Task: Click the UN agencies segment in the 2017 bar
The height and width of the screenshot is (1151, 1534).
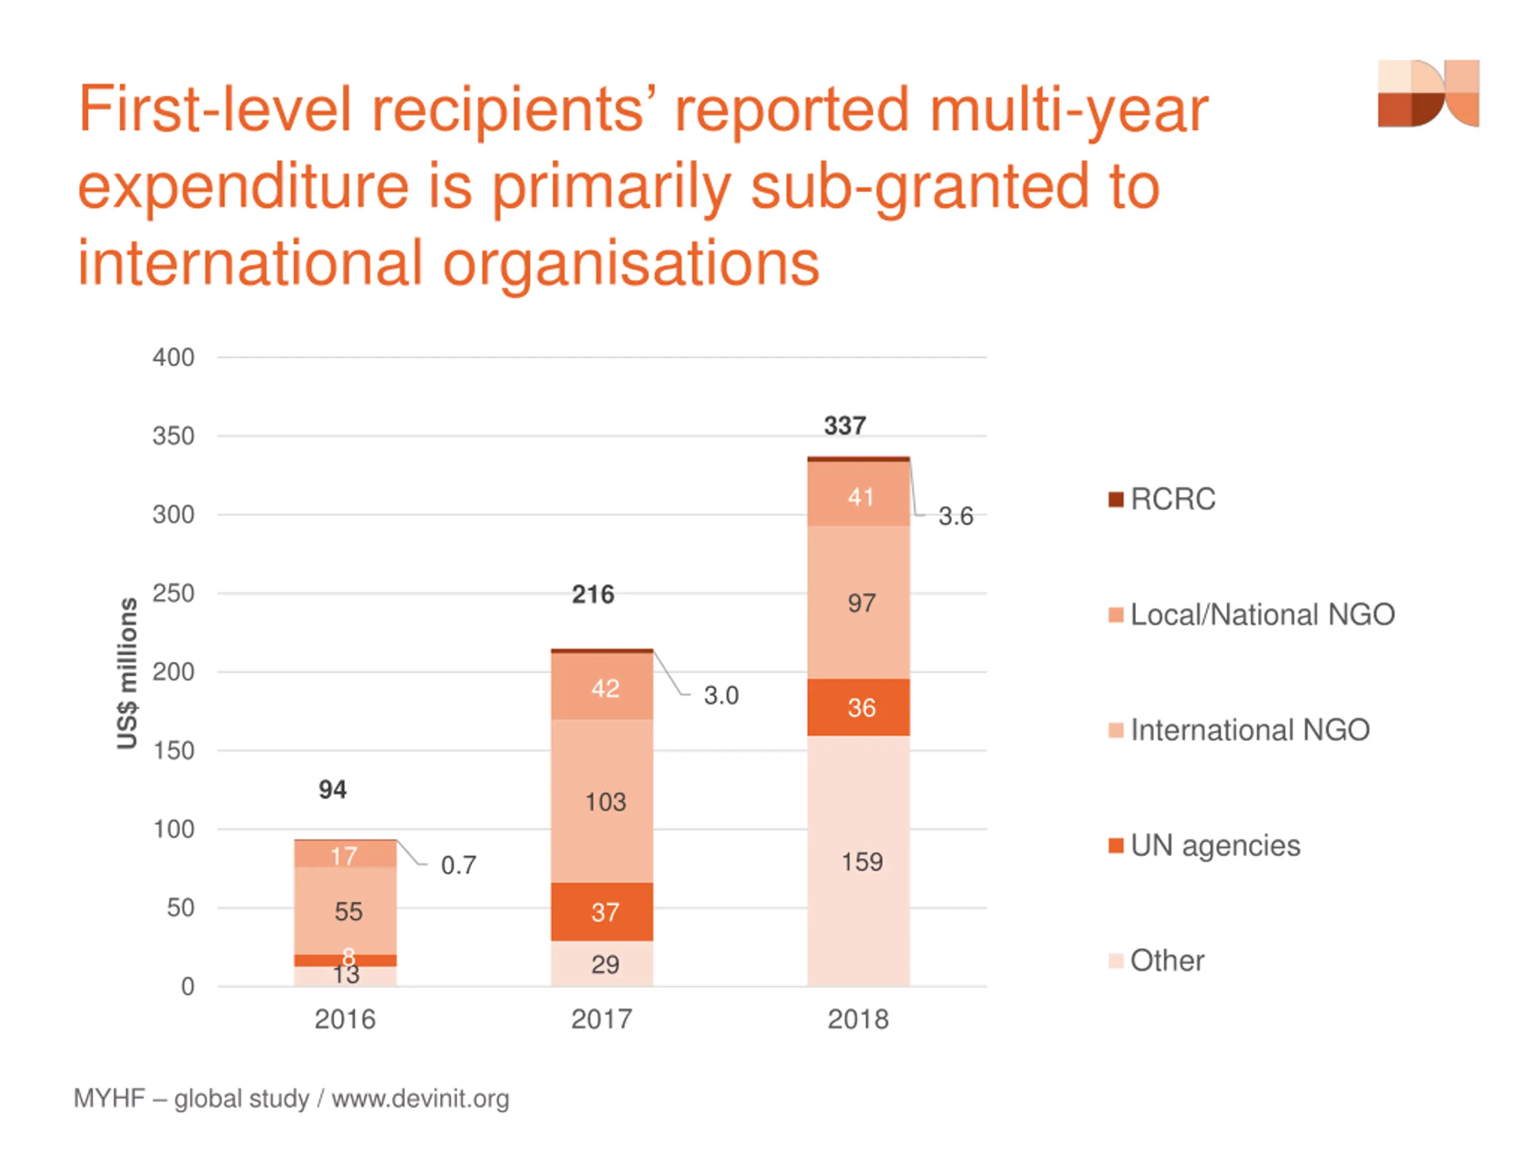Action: (602, 911)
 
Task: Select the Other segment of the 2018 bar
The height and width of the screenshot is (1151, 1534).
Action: (858, 860)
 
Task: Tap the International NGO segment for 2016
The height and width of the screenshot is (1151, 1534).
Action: (345, 910)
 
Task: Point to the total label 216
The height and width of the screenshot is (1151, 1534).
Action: (593, 595)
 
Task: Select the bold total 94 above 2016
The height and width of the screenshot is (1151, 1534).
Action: (332, 790)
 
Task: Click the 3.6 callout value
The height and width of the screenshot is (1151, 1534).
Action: (955, 516)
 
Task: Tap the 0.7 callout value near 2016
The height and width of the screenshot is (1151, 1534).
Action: (458, 865)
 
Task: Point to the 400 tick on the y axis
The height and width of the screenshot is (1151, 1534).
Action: (173, 358)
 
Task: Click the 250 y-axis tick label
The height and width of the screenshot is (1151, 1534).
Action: (173, 594)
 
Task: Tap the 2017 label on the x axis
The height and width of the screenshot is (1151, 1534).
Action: (601, 1019)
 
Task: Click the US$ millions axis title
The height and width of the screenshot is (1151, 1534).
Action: (127, 673)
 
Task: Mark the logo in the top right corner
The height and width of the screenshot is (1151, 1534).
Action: (1428, 94)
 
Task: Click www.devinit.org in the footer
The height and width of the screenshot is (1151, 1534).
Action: (419, 1099)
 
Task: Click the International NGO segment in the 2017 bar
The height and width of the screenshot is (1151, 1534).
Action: (602, 802)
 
